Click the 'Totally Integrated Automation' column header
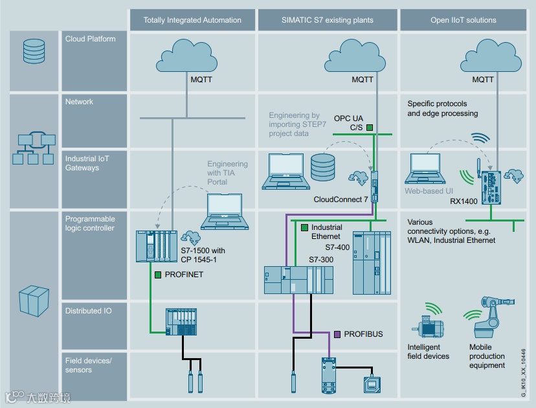point(192,20)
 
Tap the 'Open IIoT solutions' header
point(463,20)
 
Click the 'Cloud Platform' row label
point(90,39)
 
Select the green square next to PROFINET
point(157,275)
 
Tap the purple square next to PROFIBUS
point(337,334)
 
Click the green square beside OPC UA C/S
point(370,128)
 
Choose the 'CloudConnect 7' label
point(340,199)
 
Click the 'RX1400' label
point(464,201)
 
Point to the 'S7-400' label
point(337,247)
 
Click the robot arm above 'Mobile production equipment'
point(490,317)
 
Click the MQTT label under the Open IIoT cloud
point(483,80)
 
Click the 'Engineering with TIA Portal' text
point(227,173)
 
